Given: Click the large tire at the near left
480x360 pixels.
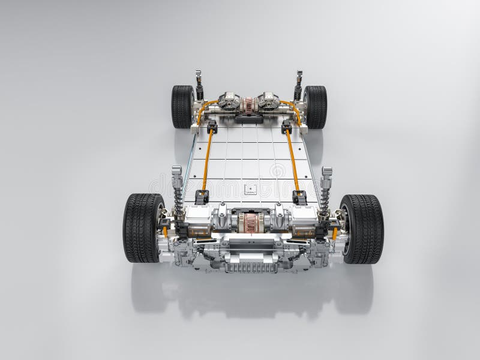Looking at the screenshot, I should pos(142,227).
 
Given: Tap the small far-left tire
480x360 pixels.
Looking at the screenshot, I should pos(182,106).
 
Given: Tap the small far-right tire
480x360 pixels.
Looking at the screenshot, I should pos(316,107).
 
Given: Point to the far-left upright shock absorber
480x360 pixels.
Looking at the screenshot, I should pos(199,85).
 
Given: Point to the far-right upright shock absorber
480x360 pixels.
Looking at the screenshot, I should pos(298,85).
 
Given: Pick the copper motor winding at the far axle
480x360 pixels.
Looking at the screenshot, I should pos(248,106).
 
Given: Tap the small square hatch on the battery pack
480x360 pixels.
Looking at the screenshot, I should pos(250,189).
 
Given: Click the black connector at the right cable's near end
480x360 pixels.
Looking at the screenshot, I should pos(299,197).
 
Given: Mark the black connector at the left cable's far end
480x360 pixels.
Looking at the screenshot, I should pos(212,127).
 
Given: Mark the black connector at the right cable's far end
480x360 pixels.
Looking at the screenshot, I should pos(287,127).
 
